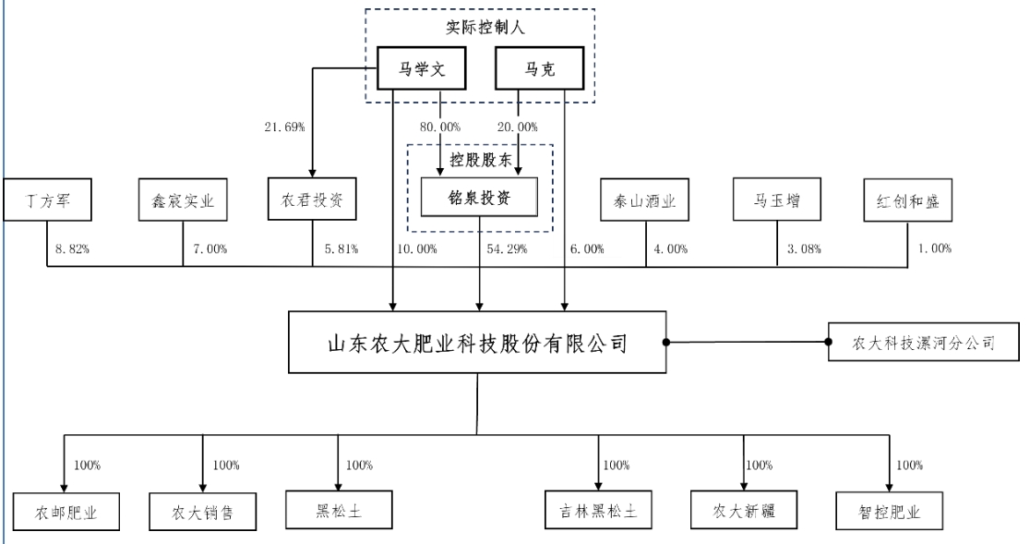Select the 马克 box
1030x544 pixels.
[540, 69]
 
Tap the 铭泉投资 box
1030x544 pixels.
[479, 199]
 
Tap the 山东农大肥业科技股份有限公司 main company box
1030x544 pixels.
[478, 345]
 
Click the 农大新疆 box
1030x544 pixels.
[744, 511]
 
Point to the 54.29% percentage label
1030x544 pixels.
[505, 250]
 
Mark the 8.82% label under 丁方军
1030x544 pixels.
[73, 250]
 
